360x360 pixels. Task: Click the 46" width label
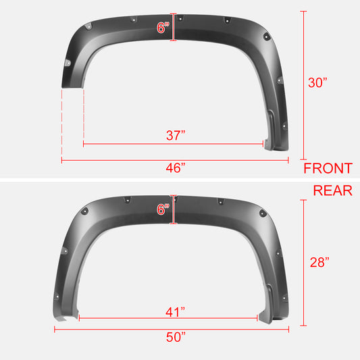coord(176,168)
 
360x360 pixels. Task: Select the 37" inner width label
coord(176,135)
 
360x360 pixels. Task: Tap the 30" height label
coord(319,84)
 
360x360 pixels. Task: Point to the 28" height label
coord(319,262)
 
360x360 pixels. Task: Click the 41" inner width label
coord(176,311)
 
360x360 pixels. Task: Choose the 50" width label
coord(176,338)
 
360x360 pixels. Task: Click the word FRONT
coord(328,168)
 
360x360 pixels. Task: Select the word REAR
coord(332,190)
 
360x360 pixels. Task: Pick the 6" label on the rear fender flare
coord(163,209)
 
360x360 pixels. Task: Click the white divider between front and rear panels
coord(180,179)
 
